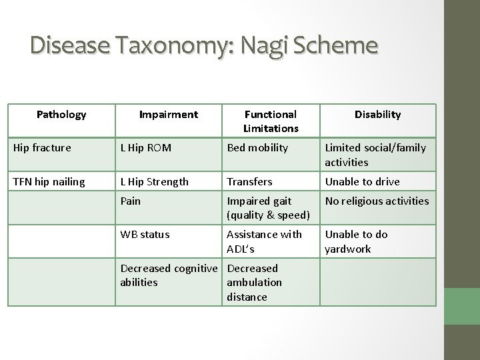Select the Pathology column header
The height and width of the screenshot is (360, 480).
(x=61, y=115)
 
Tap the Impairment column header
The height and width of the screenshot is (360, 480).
(x=168, y=115)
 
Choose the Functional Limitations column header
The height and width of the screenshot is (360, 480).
(x=270, y=121)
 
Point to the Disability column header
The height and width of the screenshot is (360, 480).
(x=377, y=115)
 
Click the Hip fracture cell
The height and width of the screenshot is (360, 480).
(x=42, y=148)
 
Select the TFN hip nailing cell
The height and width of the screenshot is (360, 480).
(x=49, y=181)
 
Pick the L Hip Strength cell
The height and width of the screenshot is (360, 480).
(x=154, y=181)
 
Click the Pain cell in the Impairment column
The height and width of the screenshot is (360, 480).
(x=131, y=201)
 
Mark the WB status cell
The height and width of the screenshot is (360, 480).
(x=145, y=235)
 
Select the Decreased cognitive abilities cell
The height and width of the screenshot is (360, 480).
(x=169, y=275)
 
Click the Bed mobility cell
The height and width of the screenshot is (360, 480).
(x=257, y=148)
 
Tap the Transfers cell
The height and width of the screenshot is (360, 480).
(x=250, y=181)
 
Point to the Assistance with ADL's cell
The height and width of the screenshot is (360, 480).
(x=264, y=241)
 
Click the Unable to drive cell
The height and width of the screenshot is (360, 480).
(x=362, y=181)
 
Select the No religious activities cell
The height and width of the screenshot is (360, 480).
(x=377, y=201)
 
